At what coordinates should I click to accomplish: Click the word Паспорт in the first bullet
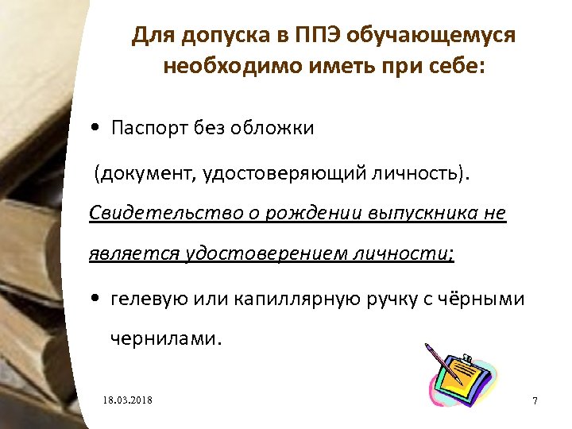(149, 128)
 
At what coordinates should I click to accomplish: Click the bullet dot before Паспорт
(95, 129)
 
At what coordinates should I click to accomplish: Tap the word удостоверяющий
(280, 172)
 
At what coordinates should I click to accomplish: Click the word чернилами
(162, 339)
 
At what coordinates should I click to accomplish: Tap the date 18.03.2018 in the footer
(127, 399)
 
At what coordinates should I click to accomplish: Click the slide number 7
(535, 400)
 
